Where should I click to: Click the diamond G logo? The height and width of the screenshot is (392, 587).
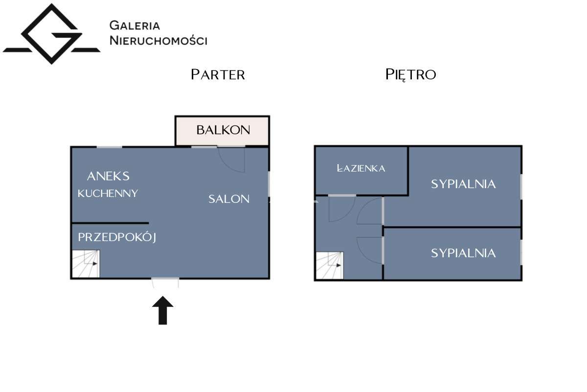[x=52, y=34]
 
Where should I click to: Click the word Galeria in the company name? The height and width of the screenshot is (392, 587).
[x=135, y=25]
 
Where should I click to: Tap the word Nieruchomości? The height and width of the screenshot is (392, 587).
[x=158, y=41]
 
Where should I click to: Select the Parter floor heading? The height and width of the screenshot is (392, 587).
[x=218, y=74]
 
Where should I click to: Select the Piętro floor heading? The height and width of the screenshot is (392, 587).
[x=410, y=75]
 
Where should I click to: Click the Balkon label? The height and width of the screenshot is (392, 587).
[x=223, y=130]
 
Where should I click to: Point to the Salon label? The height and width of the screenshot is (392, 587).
[x=229, y=199]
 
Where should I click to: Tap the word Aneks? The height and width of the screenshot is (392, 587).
[x=108, y=176]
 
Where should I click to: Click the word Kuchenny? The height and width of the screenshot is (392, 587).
[x=108, y=194]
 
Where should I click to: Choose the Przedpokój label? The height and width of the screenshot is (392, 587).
[x=117, y=237]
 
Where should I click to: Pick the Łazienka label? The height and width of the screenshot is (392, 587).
[x=361, y=168]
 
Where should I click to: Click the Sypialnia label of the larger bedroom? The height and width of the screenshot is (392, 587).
[x=463, y=184]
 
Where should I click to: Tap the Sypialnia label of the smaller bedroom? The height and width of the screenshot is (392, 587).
[x=463, y=253]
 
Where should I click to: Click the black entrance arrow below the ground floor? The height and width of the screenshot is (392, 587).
[x=163, y=310]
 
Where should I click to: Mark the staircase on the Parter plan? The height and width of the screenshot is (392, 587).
[x=86, y=264]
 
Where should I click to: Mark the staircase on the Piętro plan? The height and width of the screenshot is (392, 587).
[x=329, y=266]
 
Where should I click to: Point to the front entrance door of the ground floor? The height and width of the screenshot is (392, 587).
[x=165, y=282]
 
